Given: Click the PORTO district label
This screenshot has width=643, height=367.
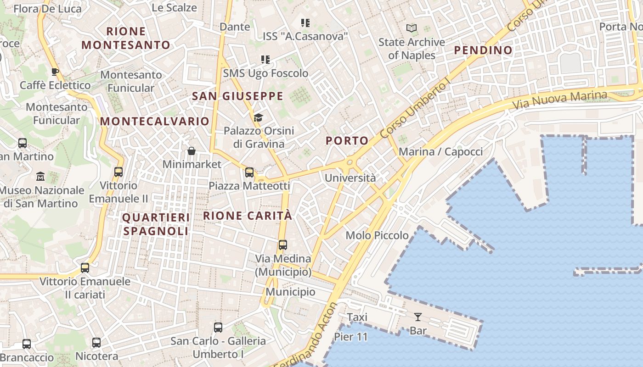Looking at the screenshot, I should (x=347, y=141).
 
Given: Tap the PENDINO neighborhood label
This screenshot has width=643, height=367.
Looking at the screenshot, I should (x=483, y=50).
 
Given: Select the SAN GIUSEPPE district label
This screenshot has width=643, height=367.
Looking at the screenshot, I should (x=237, y=96).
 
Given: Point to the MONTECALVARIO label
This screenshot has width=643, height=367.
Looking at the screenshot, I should (x=155, y=122).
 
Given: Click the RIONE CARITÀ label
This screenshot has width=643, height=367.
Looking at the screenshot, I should (x=248, y=216).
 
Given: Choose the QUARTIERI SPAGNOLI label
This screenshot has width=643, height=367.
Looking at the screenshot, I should (x=156, y=224).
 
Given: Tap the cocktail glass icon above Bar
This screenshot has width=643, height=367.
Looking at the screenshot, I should (x=418, y=317).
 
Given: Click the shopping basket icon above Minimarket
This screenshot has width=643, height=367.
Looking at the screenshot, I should (x=192, y=151).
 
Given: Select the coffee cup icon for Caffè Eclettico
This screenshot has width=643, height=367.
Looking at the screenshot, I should (x=55, y=72).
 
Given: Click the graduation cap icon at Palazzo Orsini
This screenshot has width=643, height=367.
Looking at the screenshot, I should (x=259, y=118).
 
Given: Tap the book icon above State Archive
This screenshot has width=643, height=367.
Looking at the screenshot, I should (x=412, y=28).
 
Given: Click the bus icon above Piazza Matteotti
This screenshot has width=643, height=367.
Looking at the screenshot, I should (x=249, y=172).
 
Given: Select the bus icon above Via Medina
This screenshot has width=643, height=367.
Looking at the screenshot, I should (x=283, y=245).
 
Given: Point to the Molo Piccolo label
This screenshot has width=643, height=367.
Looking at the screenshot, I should (x=377, y=235).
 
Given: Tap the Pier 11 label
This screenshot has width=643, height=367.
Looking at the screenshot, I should (x=351, y=337).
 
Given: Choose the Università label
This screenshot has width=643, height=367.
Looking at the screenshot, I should (x=350, y=178).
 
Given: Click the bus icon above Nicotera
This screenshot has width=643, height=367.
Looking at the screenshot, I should (x=96, y=343).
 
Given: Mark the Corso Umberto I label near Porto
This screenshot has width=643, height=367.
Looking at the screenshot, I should (x=416, y=109).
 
